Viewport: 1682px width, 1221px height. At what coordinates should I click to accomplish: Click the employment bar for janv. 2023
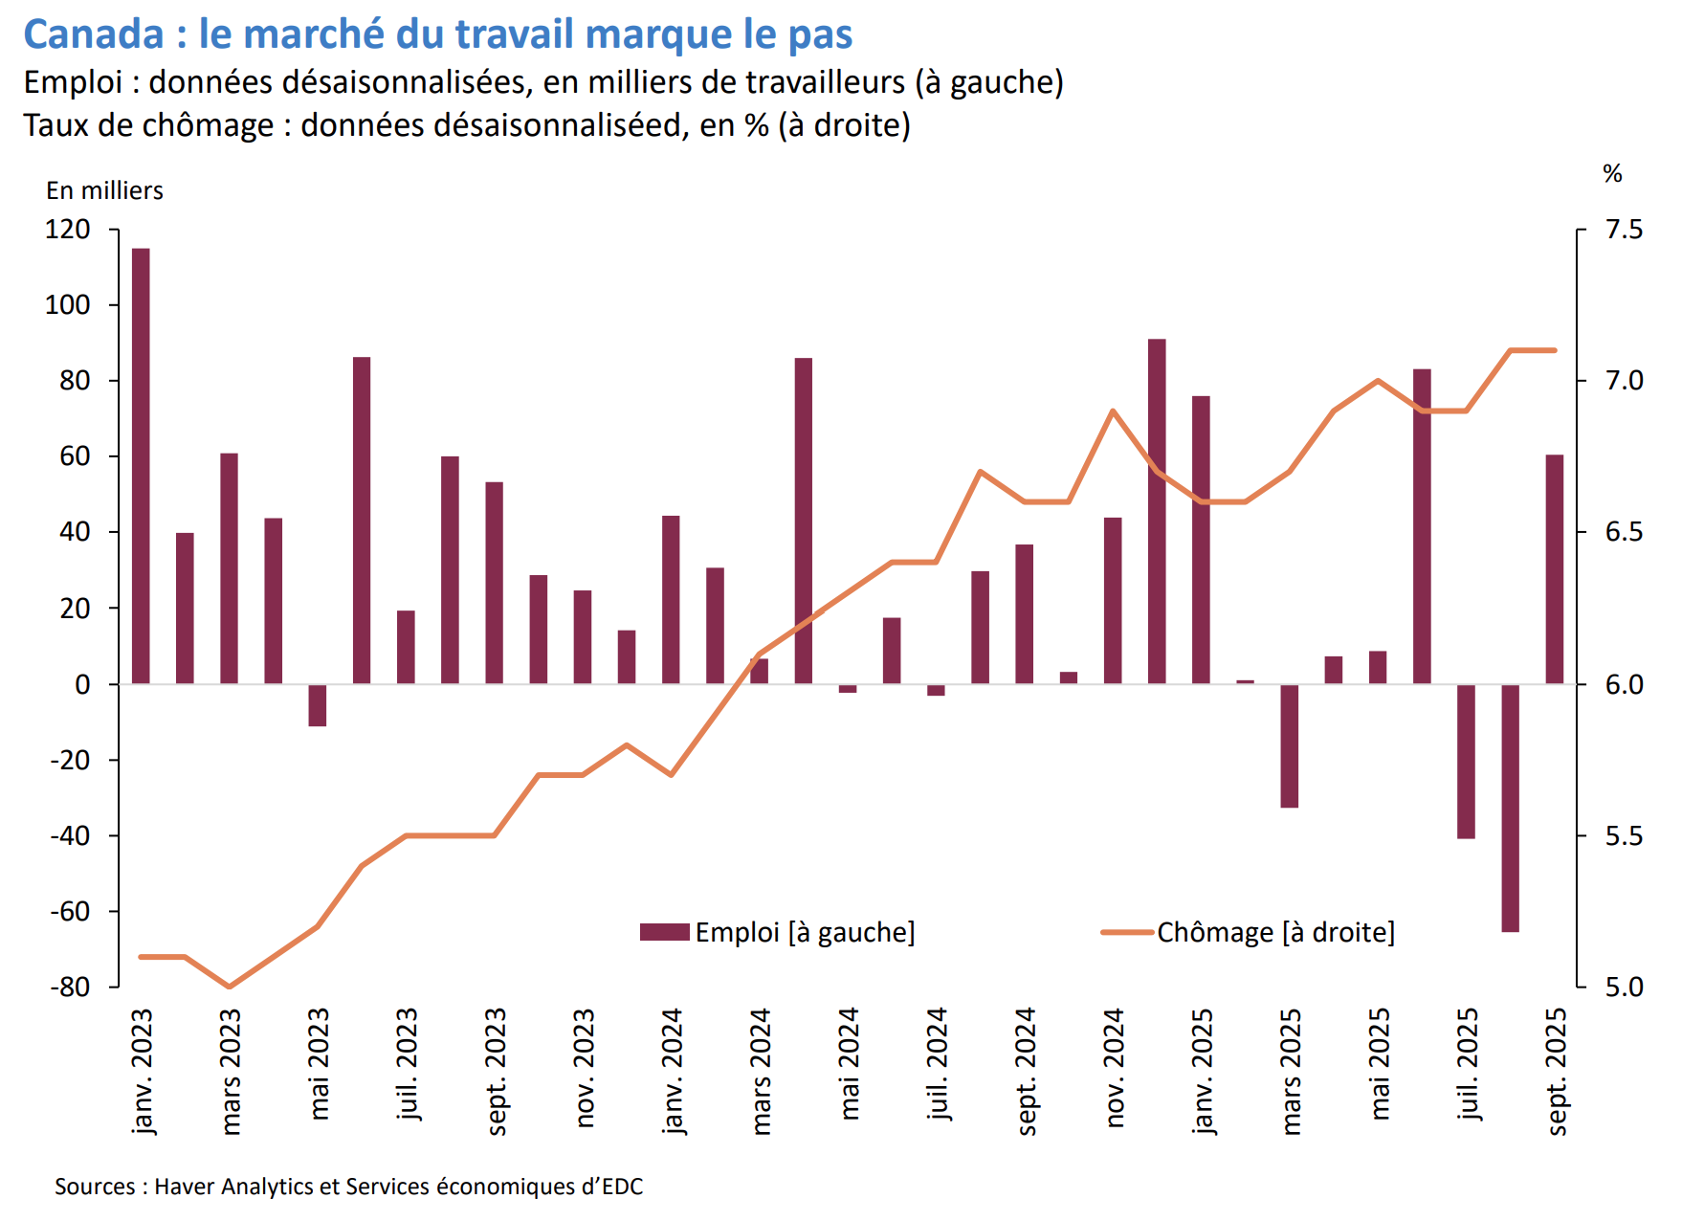[141, 466]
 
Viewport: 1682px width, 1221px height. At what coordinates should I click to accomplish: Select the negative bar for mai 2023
[318, 705]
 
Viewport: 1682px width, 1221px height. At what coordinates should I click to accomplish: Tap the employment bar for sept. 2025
[1555, 569]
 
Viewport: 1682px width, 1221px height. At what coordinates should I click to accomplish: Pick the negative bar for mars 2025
[1290, 745]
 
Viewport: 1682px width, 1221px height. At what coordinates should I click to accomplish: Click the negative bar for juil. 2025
[1466, 761]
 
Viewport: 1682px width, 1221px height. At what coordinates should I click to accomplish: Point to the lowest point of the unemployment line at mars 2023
[229, 987]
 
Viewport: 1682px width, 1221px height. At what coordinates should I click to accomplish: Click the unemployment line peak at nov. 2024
[1113, 411]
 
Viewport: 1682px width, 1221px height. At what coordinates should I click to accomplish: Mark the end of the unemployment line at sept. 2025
[1555, 350]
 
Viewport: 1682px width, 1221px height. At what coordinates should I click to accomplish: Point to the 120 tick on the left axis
[68, 230]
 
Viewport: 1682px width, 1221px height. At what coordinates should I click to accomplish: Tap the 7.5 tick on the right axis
[1624, 230]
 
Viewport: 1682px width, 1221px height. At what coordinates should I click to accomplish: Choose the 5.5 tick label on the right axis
[1624, 835]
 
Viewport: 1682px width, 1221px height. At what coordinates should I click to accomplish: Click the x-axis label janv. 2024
[672, 1070]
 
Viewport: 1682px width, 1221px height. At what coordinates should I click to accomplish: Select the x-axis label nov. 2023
[584, 1067]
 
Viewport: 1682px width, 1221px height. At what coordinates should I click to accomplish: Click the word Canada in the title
[94, 34]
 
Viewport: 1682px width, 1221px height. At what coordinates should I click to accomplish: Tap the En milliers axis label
[104, 190]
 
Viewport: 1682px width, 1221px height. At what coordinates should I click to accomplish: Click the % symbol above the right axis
[1612, 174]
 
